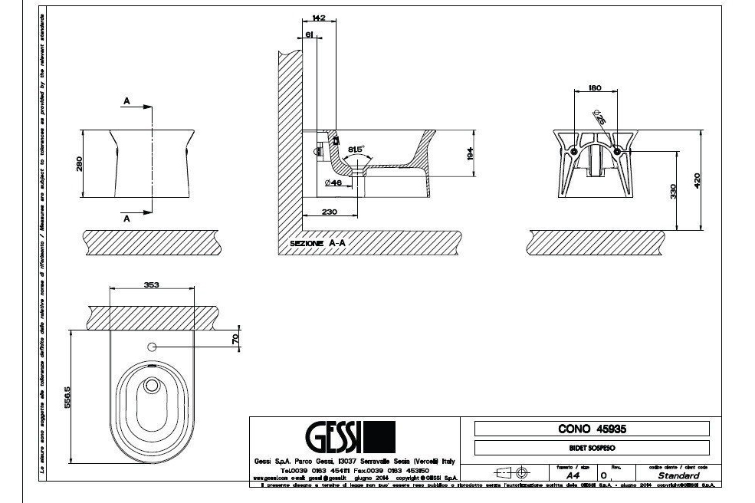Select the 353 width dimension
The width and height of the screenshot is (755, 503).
(151, 285)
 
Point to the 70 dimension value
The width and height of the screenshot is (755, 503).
(235, 337)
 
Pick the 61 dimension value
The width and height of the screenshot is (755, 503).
(309, 35)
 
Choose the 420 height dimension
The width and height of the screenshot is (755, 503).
(697, 179)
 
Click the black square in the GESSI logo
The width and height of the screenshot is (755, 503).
(381, 437)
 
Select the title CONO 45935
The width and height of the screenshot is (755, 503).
(592, 429)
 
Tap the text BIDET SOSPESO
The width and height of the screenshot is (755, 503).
(593, 448)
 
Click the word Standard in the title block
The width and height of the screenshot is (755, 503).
(678, 475)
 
